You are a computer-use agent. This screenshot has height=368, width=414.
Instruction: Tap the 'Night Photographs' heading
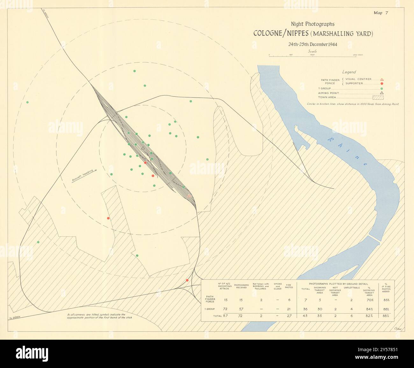[312, 24]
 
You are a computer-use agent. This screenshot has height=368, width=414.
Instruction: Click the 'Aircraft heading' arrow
[84, 175]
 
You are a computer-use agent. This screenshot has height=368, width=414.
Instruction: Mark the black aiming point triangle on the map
[143, 148]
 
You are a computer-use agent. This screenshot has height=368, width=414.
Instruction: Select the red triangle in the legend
[382, 79]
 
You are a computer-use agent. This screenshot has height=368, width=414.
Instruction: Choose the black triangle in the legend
[382, 93]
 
